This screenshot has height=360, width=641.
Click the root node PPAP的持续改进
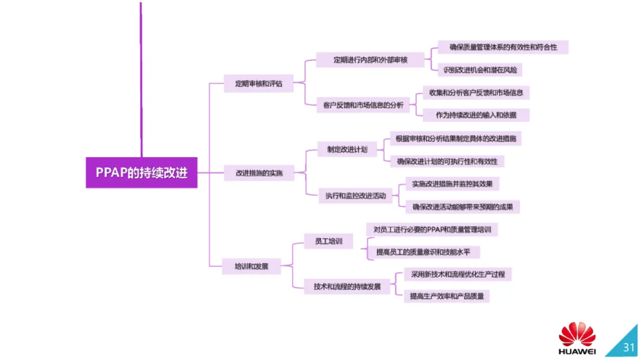click(x=141, y=173)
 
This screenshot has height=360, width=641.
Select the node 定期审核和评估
click(x=259, y=84)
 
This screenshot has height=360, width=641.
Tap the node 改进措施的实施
click(x=259, y=173)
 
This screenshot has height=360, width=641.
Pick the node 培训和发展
click(x=252, y=266)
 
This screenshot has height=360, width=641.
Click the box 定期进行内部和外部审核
click(x=370, y=60)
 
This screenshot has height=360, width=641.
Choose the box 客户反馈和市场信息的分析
click(x=363, y=105)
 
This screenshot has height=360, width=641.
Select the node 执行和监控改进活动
click(x=355, y=195)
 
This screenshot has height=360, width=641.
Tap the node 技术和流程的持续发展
click(x=347, y=287)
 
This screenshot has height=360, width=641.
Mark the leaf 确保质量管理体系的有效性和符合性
click(x=503, y=47)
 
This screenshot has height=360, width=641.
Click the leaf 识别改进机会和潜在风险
click(x=480, y=70)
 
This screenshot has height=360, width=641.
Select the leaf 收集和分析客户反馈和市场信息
click(x=475, y=93)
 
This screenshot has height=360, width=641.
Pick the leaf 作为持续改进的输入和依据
click(x=475, y=115)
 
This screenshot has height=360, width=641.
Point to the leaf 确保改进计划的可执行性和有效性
click(x=447, y=161)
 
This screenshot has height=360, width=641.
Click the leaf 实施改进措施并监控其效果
click(x=452, y=184)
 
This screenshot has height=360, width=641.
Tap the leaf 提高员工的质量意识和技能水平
click(x=423, y=252)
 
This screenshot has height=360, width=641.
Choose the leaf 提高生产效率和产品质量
click(x=446, y=296)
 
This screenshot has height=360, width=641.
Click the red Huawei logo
click(x=577, y=334)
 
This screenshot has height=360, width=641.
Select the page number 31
click(x=628, y=347)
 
